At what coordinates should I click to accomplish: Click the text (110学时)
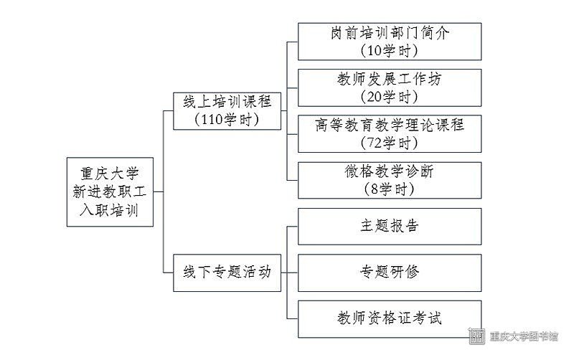tap(227, 120)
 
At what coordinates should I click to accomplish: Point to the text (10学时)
tap(390, 50)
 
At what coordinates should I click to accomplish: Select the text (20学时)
tap(390, 97)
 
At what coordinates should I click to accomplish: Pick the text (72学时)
tap(390, 143)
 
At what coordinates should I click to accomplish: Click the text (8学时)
tap(390, 189)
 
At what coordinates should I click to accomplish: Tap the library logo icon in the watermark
tap(477, 336)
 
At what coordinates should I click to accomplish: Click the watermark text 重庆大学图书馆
tap(524, 336)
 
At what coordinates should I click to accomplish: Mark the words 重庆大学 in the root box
tap(110, 174)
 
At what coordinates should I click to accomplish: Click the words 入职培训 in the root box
tap(110, 210)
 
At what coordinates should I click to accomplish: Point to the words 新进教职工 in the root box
tap(110, 191)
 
